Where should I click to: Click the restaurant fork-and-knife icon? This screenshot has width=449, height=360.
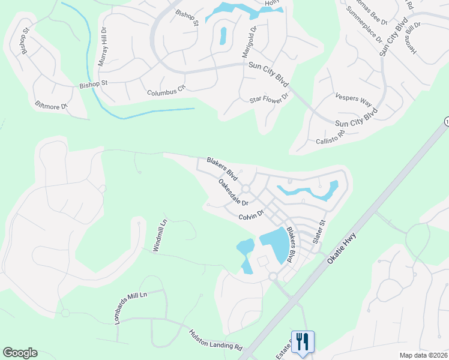(x=303, y=341)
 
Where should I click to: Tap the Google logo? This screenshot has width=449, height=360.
(x=20, y=353)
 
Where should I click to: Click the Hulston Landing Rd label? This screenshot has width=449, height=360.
(x=215, y=340)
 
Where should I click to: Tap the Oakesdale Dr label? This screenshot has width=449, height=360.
(x=233, y=192)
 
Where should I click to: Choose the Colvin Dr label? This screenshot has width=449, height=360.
(x=251, y=215)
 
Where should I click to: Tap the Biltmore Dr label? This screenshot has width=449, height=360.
(x=53, y=108)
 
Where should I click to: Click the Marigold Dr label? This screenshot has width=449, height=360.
(x=248, y=41)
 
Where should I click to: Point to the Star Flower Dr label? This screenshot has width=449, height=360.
(x=269, y=97)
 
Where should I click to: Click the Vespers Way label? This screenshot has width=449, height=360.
(x=354, y=98)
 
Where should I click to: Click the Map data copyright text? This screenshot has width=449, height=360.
(x=424, y=355)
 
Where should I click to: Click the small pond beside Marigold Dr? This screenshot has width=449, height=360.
(x=223, y=35)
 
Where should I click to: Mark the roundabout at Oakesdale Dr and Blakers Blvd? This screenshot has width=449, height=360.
(x=246, y=189)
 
